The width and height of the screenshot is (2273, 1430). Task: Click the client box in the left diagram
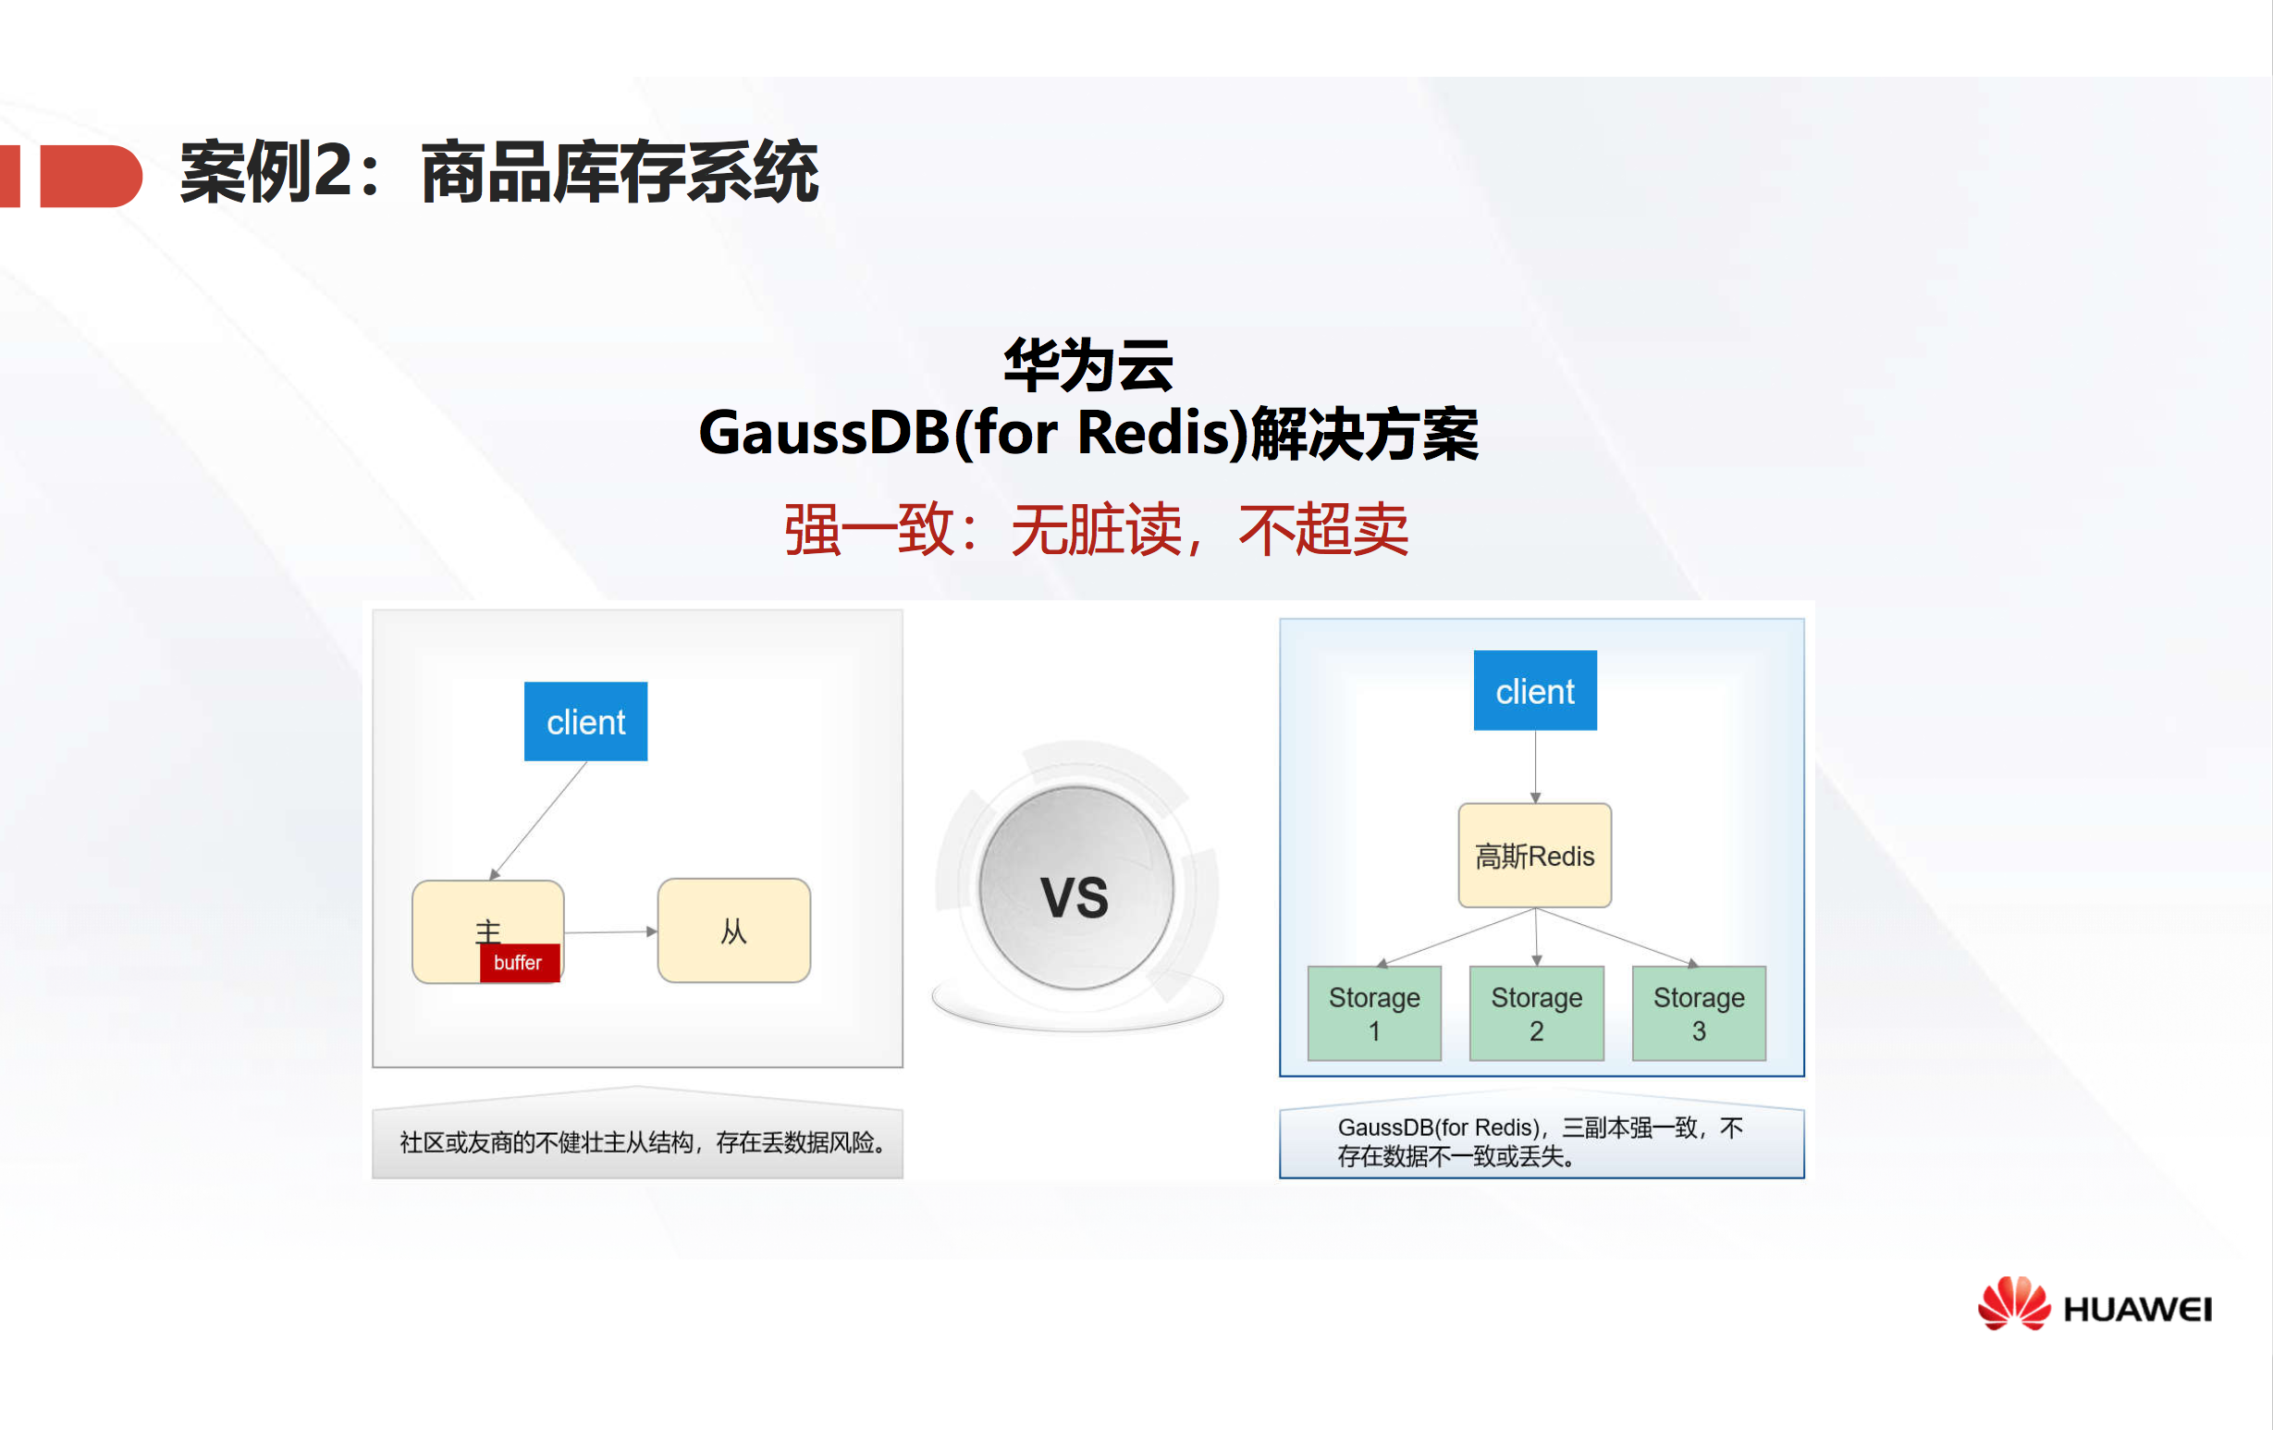[585, 721]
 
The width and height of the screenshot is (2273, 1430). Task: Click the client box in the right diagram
[1535, 690]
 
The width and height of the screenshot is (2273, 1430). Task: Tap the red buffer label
[519, 963]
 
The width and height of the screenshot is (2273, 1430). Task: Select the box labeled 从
[733, 931]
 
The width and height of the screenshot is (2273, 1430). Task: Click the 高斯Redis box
[1535, 856]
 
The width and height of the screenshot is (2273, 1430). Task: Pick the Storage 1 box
[1374, 1013]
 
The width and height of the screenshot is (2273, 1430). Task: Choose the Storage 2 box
[1536, 1013]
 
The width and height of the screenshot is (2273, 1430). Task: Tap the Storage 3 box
[1698, 1013]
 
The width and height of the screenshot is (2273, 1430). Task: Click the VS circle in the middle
[1076, 889]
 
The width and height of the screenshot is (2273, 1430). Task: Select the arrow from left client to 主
[539, 820]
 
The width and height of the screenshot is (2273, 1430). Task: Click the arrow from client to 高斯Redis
[1535, 766]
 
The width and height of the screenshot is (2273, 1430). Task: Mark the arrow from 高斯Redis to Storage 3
[1616, 936]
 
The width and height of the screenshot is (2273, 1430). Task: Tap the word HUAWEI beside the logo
[2137, 1310]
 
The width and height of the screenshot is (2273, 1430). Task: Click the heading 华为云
[1088, 366]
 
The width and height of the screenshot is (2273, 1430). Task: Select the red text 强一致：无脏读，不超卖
[1096, 530]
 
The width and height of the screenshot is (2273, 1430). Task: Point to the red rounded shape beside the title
[91, 176]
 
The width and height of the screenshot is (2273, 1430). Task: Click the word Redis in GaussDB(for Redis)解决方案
[1161, 433]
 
